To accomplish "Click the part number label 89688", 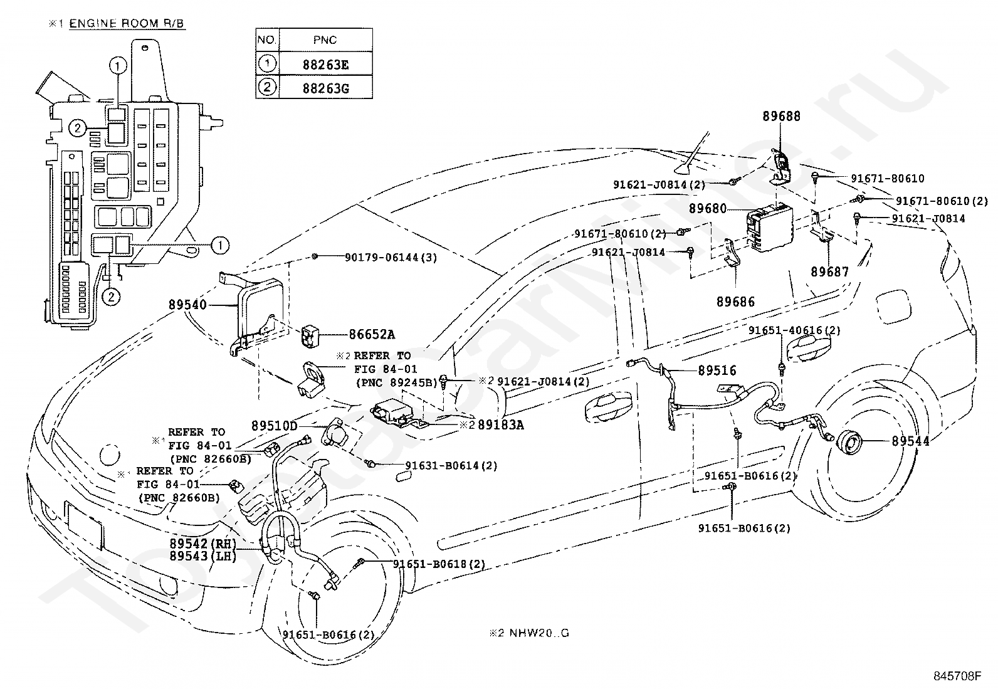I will pos(781,117).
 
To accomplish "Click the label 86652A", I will pos(372,335).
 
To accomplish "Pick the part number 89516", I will pos(717,371).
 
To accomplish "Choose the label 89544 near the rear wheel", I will pos(910,441).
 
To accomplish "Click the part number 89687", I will pos(829,272).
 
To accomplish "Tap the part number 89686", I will pos(736,302).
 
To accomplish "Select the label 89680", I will pos(708,209).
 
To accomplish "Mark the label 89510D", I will pos(274,426).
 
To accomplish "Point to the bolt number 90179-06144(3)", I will pos(391,257).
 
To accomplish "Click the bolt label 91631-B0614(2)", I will pos(451,465).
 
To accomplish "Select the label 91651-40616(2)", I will pos(794,330).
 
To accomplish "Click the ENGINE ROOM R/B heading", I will pos(127,24).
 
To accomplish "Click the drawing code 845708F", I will pos(957,676).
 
